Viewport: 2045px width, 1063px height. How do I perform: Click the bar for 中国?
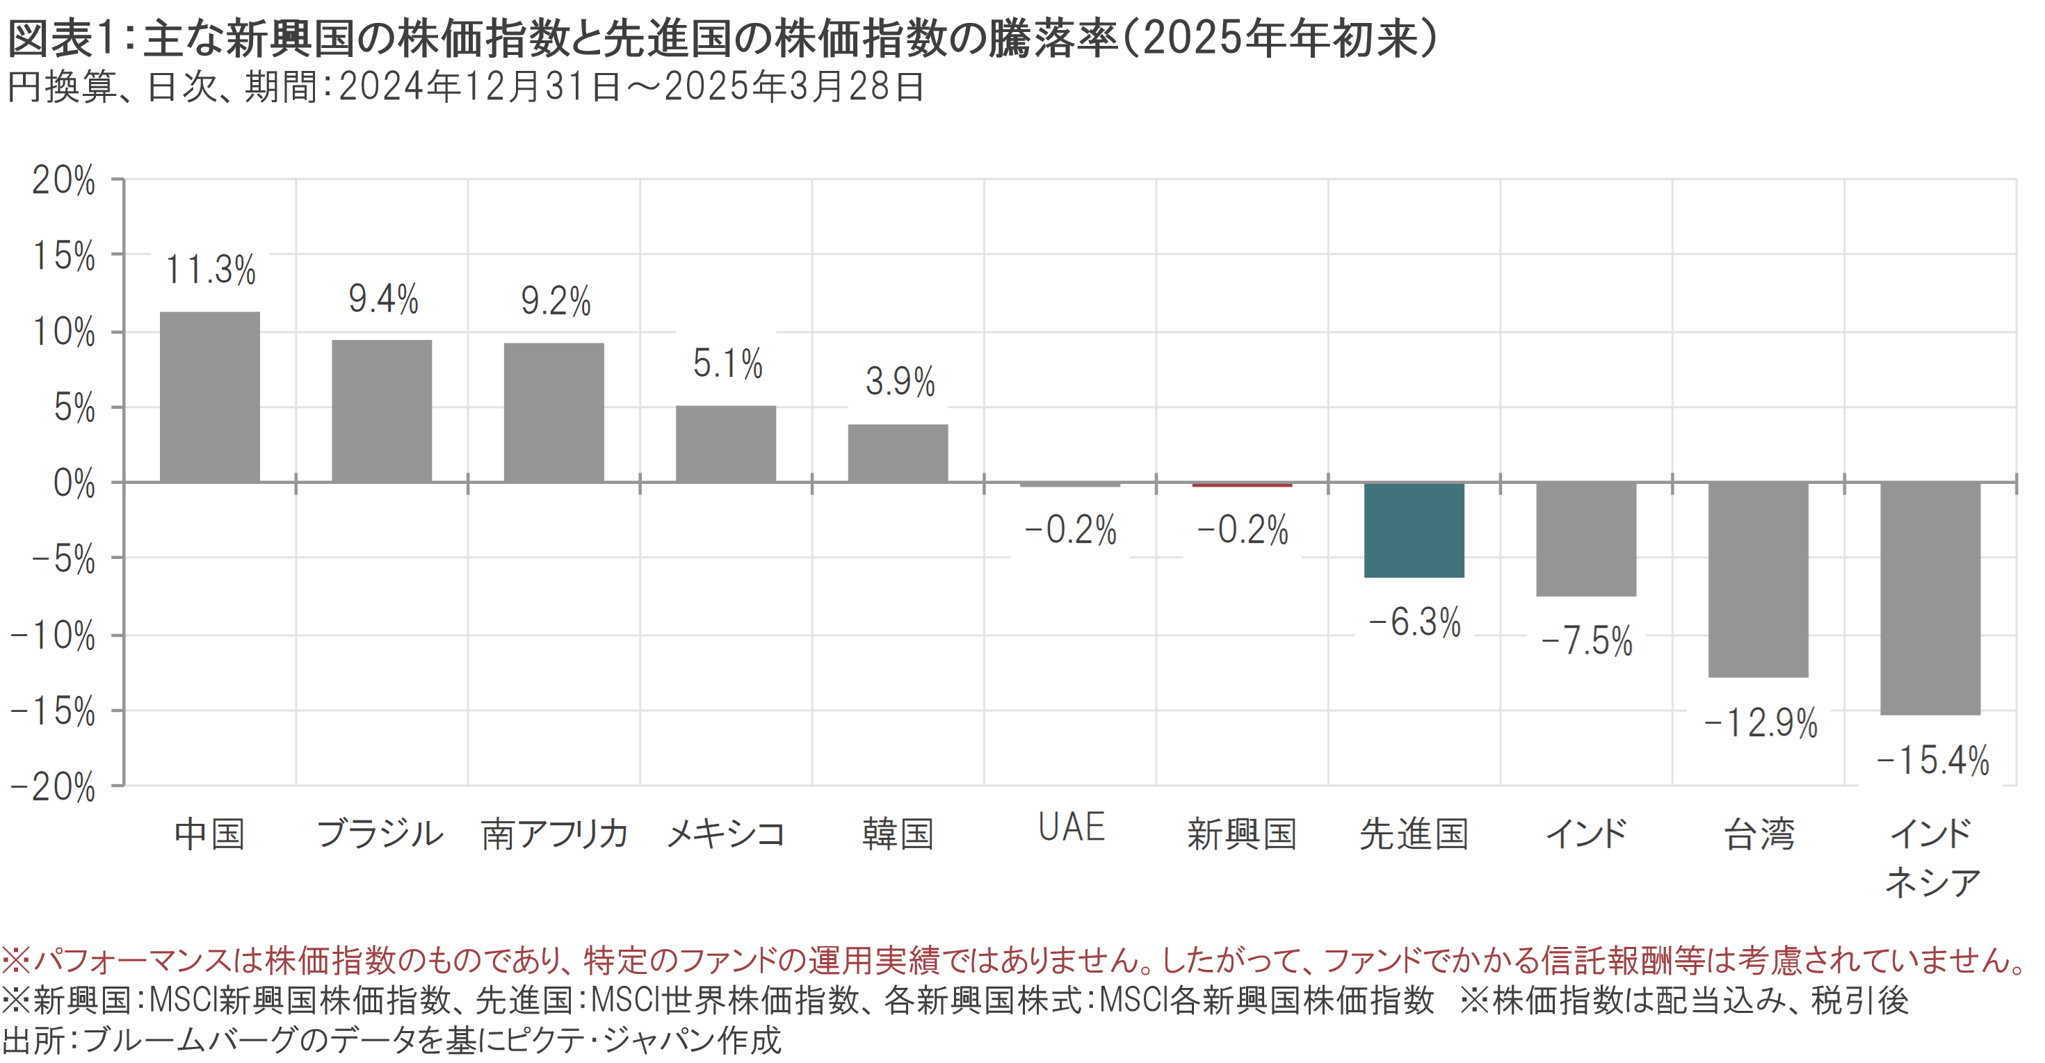pyautogui.click(x=209, y=397)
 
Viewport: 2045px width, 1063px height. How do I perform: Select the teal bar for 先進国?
pyautogui.click(x=1414, y=530)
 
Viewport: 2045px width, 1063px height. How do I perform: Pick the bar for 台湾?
pyautogui.click(x=1758, y=580)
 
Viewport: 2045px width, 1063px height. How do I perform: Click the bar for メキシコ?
pyautogui.click(x=726, y=444)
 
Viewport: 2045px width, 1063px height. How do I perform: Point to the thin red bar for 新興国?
pyautogui.click(x=1242, y=485)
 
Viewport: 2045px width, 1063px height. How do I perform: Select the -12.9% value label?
pyautogui.click(x=1760, y=723)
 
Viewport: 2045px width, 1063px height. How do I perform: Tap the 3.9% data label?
pyautogui.click(x=900, y=382)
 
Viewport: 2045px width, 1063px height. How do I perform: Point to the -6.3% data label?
pyautogui.click(x=1414, y=622)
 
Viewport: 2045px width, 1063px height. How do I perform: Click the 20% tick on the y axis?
pyautogui.click(x=63, y=180)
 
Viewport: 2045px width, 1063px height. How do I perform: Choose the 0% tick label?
pyautogui.click(x=74, y=483)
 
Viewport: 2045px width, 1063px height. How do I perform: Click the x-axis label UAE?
pyautogui.click(x=1071, y=827)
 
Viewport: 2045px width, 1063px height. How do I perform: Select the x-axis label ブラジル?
pyautogui.click(x=380, y=834)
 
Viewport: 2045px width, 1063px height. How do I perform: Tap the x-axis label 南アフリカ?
pyautogui.click(x=554, y=834)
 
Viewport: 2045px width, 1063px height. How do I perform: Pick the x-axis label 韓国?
pyautogui.click(x=898, y=834)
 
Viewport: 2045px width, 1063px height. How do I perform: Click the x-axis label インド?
pyautogui.click(x=1586, y=834)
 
